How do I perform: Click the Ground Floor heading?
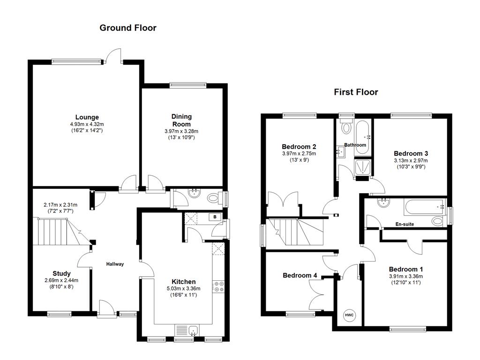point(128,28)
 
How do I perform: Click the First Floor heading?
point(356,92)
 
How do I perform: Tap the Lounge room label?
point(87,117)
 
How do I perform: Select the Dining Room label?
point(181,120)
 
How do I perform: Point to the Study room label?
point(61,273)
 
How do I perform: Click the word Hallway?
point(115,264)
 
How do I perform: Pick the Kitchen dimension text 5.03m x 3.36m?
point(184,288)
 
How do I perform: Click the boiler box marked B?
point(215,217)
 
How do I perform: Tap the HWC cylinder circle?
point(349,315)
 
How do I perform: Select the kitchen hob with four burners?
point(219,286)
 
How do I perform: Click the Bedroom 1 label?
point(406,270)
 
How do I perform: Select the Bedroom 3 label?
point(411,154)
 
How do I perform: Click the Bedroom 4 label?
point(300,276)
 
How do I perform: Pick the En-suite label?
point(405,225)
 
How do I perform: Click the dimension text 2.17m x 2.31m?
point(60,205)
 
